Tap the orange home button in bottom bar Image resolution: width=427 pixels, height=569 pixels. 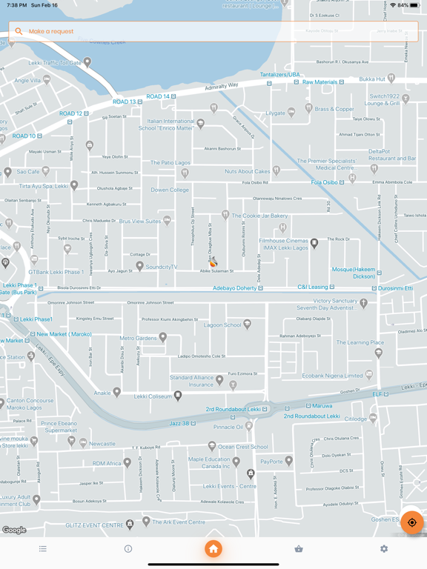213,549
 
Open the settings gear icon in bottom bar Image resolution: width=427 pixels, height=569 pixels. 384,549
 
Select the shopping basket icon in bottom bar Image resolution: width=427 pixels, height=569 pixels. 299,549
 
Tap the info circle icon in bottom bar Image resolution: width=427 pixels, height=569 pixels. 128,549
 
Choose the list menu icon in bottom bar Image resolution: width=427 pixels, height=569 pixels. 43,549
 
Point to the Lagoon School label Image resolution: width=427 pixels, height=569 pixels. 222,325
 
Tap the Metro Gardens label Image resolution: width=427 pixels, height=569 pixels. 139,338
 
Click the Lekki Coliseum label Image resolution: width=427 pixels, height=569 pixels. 153,396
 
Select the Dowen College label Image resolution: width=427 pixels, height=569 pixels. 170,190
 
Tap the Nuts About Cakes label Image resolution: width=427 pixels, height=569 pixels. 248,171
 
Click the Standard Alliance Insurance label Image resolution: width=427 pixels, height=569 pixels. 191,381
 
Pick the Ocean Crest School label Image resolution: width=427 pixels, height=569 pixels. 242,447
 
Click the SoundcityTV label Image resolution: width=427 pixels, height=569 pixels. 162,267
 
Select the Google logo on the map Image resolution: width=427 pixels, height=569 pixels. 14,530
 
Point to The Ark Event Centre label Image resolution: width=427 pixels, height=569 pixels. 178,522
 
